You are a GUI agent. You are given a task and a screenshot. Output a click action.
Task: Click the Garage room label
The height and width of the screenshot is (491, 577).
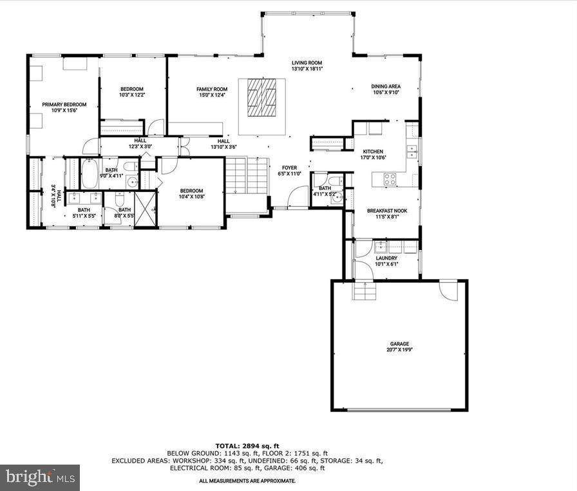(x=399, y=344)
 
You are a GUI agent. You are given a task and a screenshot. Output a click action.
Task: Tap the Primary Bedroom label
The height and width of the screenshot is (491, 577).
(x=64, y=104)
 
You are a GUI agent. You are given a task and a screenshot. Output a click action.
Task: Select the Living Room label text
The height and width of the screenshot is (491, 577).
(x=307, y=63)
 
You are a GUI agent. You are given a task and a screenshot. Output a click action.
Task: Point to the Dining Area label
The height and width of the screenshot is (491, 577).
(x=386, y=86)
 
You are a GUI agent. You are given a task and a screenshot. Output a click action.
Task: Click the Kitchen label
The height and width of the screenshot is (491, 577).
(x=373, y=151)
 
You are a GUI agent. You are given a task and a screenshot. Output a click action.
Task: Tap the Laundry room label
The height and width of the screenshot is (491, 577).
(x=386, y=258)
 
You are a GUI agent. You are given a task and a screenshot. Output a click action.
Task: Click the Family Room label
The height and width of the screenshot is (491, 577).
(x=212, y=89)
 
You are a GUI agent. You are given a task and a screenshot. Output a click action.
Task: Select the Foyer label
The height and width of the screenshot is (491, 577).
(x=289, y=168)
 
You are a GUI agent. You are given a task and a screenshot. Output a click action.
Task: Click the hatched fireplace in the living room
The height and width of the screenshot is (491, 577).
(x=262, y=97)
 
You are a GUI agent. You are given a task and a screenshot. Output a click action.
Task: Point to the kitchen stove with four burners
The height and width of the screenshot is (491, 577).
(x=390, y=180)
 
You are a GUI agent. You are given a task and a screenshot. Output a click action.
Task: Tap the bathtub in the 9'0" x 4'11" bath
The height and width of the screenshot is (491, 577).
(x=90, y=173)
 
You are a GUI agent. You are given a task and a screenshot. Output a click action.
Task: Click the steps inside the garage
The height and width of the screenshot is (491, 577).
(x=364, y=292)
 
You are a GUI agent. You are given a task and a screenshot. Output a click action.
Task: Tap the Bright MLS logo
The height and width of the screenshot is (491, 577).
(x=40, y=477)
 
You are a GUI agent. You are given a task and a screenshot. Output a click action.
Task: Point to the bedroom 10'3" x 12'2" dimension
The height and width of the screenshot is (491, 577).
(x=132, y=95)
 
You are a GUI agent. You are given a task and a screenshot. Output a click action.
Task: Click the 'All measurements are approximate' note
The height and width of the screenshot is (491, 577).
(x=247, y=481)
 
